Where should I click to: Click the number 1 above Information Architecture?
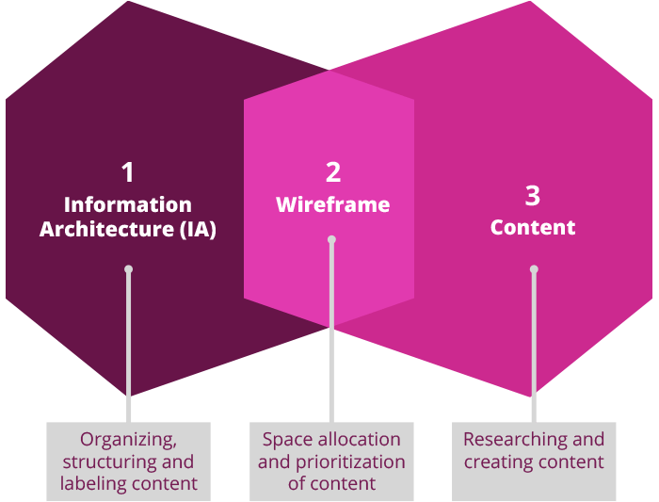[128, 172]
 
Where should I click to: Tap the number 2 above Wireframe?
[333, 172]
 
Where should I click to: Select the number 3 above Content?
[533, 196]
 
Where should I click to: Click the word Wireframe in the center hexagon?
[332, 204]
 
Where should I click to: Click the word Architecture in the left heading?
[105, 229]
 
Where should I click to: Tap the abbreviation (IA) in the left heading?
[198, 229]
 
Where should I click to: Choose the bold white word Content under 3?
[533, 227]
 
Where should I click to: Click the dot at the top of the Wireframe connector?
[331, 239]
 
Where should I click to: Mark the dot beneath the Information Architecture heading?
[128, 269]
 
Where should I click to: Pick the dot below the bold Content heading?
[534, 269]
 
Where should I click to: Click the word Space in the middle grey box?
[285, 440]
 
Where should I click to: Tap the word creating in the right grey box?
[498, 462]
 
